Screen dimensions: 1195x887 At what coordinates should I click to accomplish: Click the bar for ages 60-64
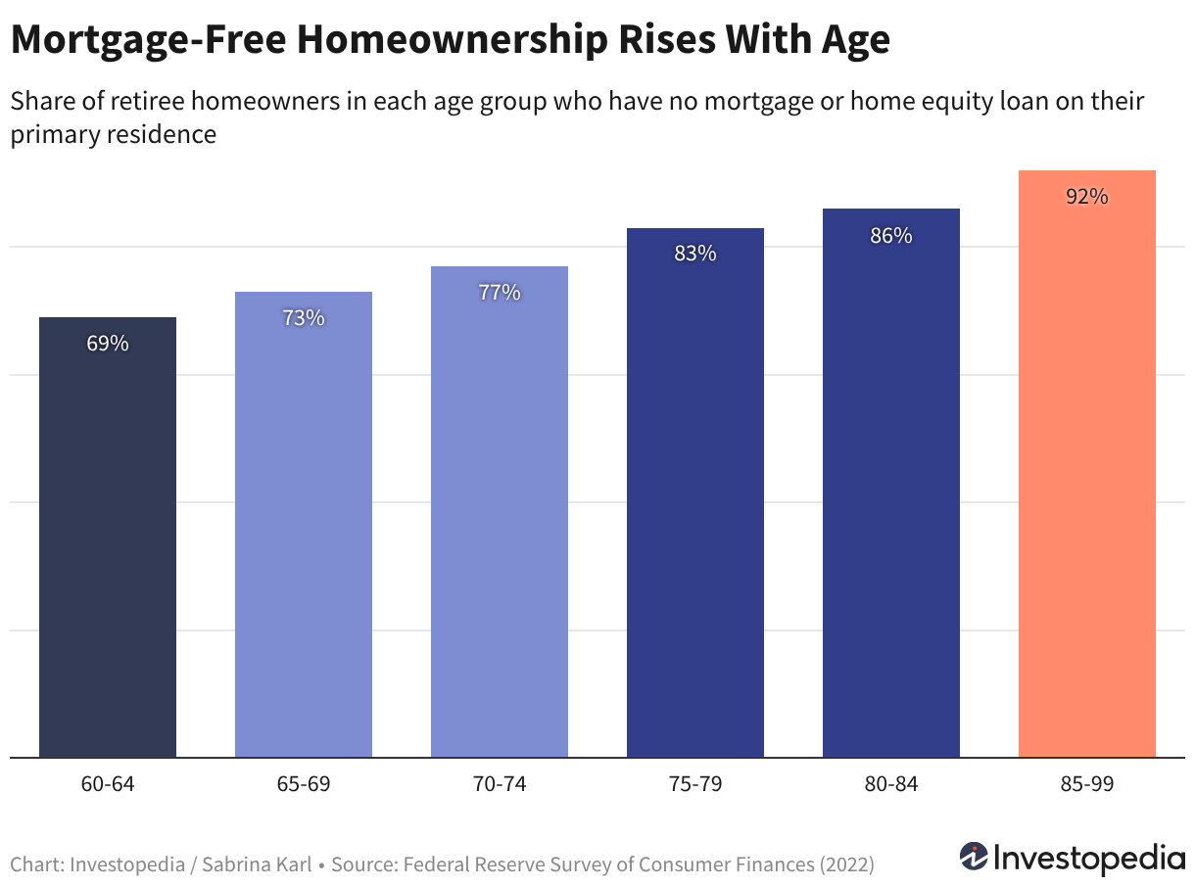[x=108, y=537]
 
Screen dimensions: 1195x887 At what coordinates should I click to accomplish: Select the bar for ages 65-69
[x=304, y=525]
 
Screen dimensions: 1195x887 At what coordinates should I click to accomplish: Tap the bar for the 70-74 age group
[x=500, y=512]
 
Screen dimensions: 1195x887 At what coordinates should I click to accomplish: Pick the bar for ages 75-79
[x=695, y=492]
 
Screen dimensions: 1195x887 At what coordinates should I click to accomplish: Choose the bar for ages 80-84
[x=891, y=483]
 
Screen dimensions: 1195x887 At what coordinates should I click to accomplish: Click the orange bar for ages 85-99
[x=1086, y=464]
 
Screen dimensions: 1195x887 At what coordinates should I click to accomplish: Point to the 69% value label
[x=108, y=344]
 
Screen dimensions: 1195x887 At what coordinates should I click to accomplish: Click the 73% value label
[x=304, y=318]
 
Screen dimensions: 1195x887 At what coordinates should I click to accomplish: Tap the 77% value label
[x=500, y=293]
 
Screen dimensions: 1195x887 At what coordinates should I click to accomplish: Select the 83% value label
[x=695, y=254]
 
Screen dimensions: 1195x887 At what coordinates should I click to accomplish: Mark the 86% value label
[x=891, y=235]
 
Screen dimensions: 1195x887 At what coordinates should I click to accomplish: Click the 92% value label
[x=1087, y=197]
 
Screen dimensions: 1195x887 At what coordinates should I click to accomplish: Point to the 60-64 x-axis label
[x=108, y=784]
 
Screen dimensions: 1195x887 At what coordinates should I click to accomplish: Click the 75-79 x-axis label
[x=695, y=784]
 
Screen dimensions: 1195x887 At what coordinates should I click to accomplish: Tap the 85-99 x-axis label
[x=1087, y=784]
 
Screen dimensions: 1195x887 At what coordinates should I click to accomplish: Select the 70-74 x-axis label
[x=500, y=784]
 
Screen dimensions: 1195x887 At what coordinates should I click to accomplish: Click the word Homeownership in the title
[x=452, y=40]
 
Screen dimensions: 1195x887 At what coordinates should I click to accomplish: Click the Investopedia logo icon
[x=974, y=857]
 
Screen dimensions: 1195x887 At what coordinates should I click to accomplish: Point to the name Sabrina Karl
[x=257, y=864]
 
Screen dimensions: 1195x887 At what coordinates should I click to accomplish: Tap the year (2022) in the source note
[x=847, y=864]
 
